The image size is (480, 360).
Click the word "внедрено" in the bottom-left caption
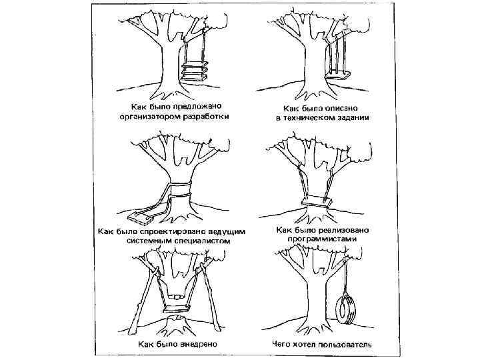point(204,345)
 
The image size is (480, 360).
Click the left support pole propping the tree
point(143,293)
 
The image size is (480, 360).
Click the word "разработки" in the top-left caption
point(203,117)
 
